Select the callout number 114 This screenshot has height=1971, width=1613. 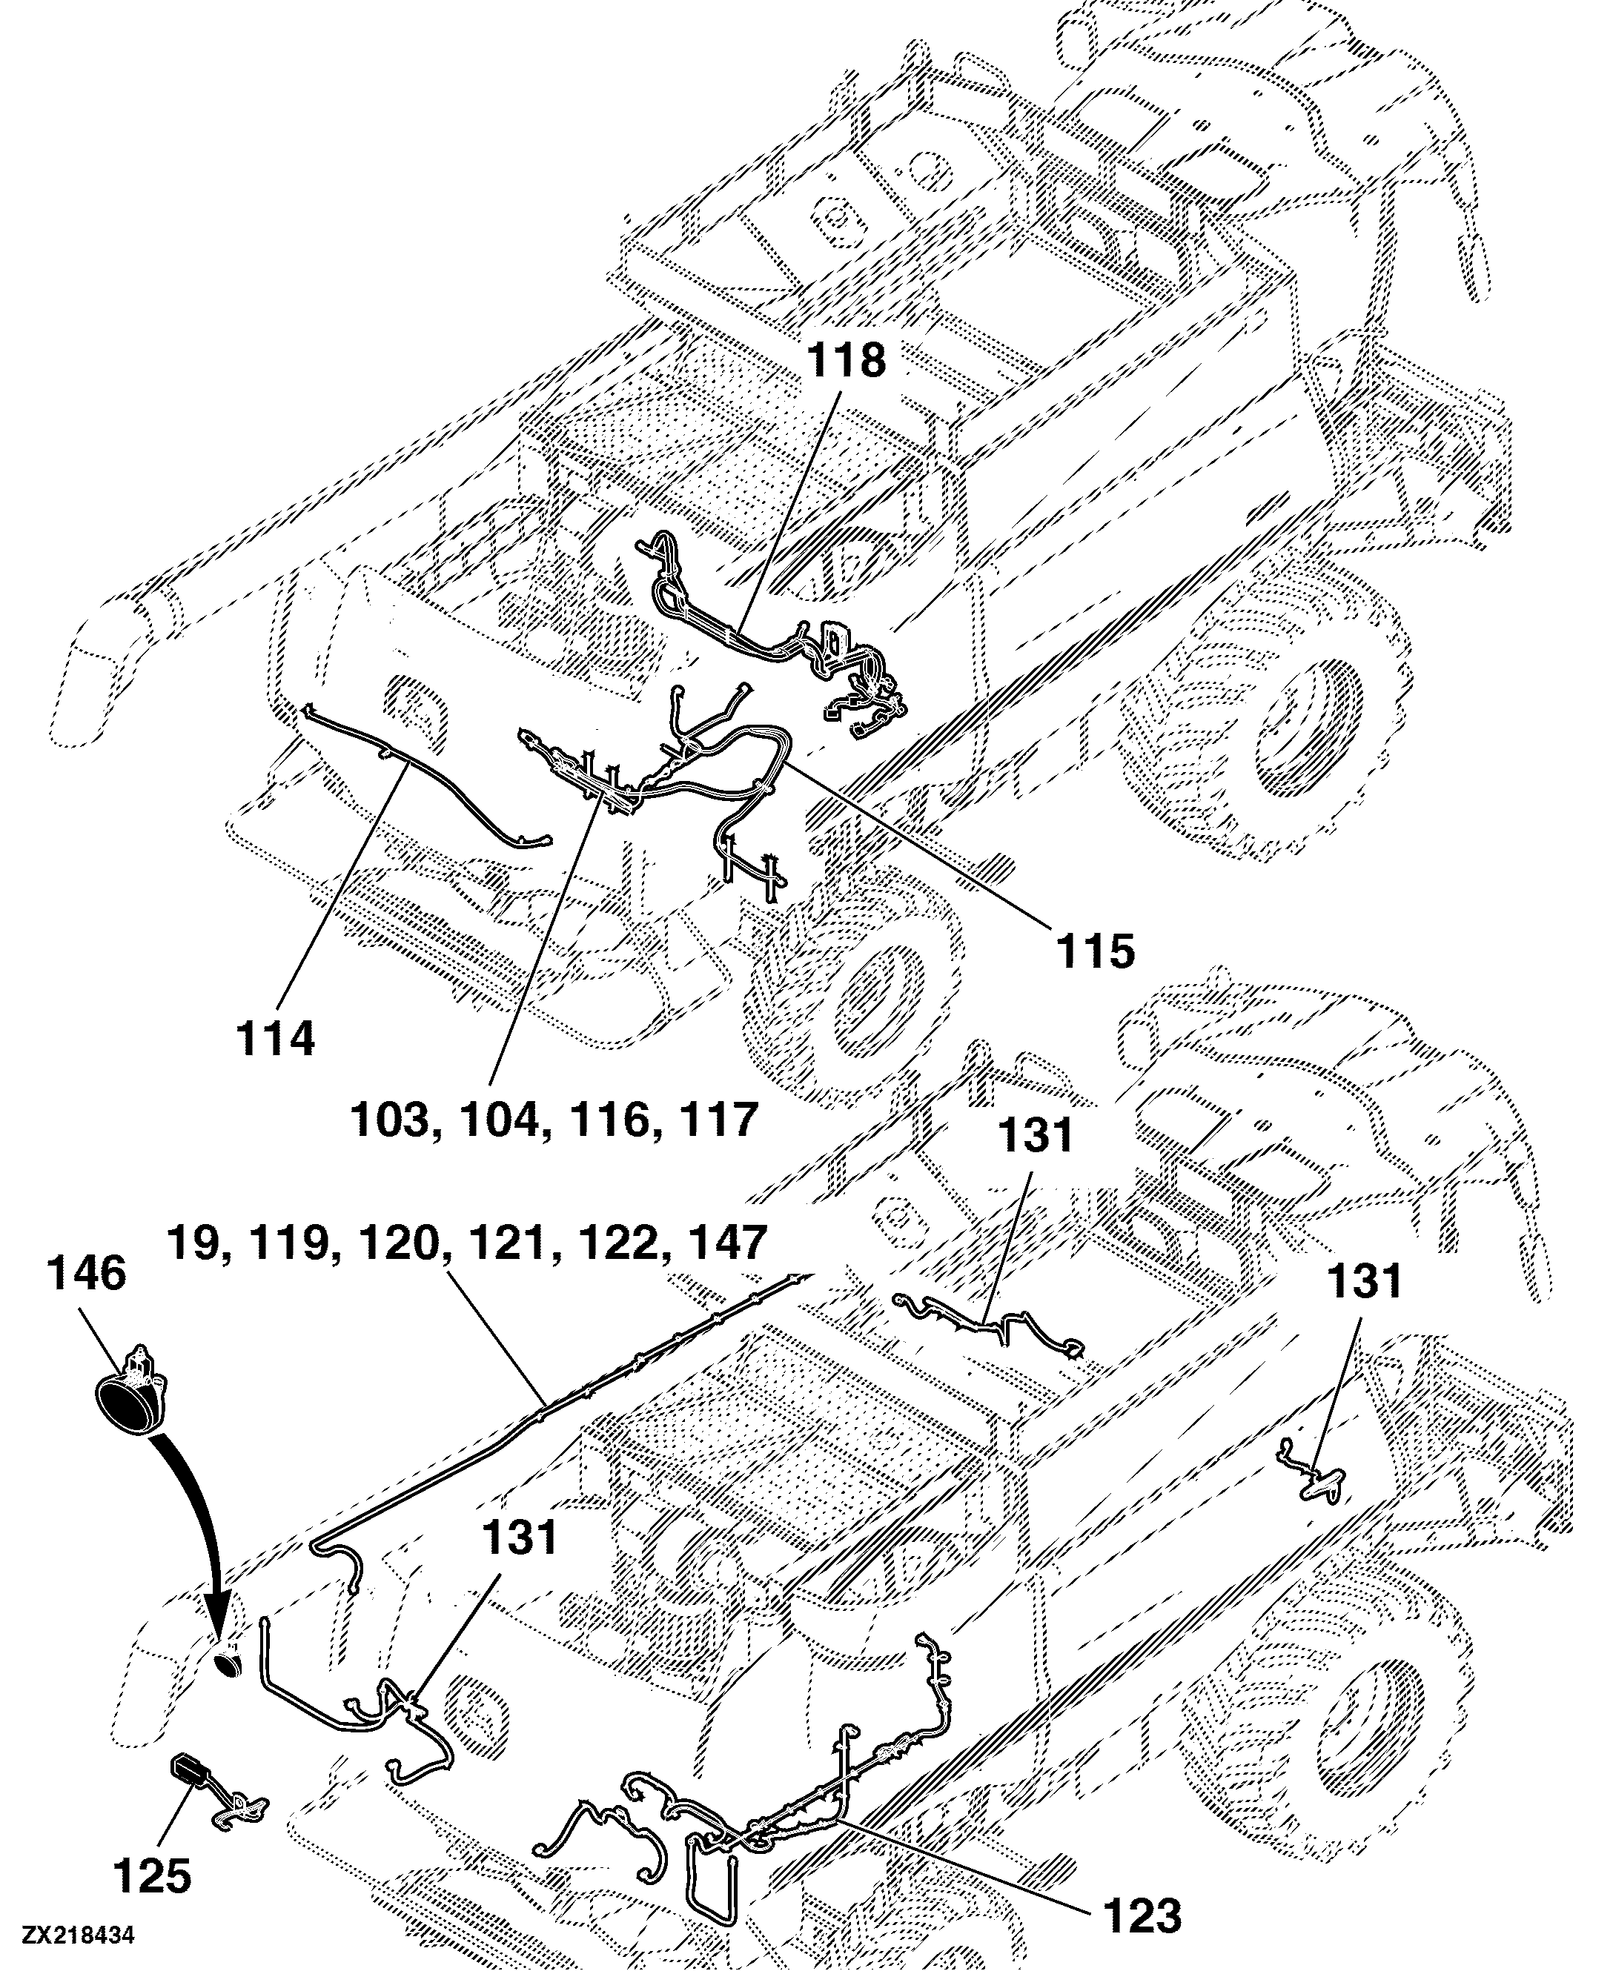coord(275,1037)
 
